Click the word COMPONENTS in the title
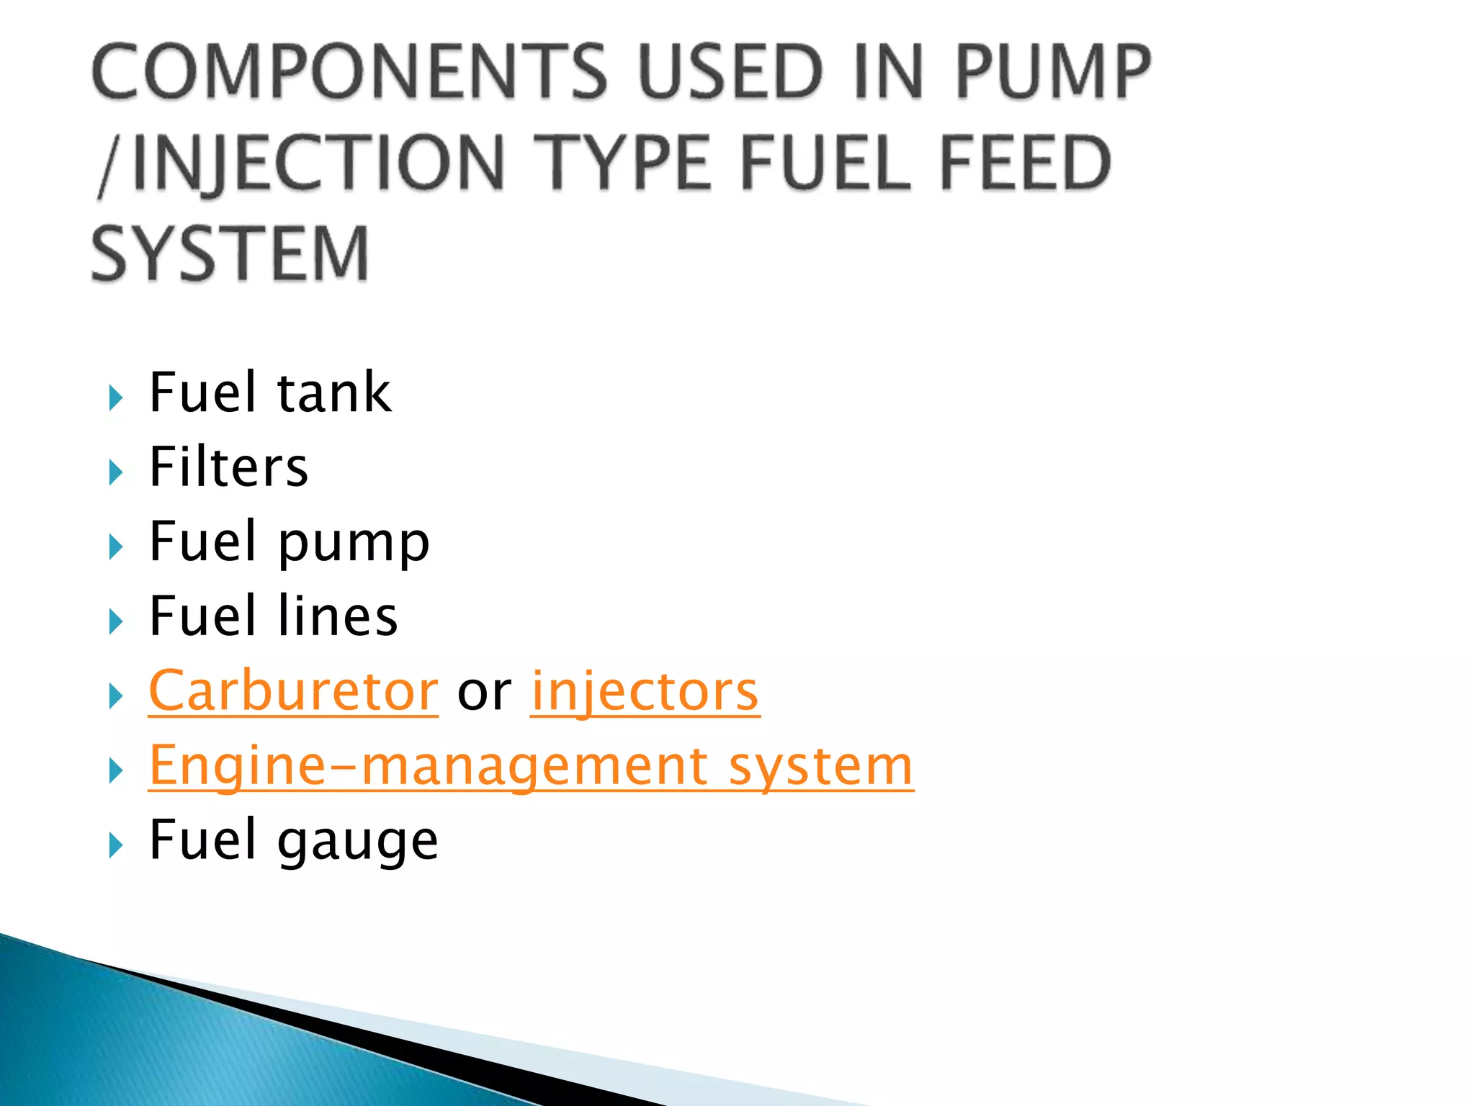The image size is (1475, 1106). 350,72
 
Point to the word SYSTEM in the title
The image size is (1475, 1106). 230,253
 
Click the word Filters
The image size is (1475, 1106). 229,467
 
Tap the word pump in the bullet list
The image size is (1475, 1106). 354,544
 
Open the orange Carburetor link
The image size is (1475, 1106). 293,691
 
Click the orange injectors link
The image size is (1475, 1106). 645,691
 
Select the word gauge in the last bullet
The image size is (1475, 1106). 358,841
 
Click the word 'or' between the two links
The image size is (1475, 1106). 484,693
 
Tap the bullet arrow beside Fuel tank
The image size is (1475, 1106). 116,398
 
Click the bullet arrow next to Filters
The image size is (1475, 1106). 116,473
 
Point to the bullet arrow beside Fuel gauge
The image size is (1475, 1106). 116,845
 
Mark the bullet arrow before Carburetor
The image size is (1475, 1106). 116,696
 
